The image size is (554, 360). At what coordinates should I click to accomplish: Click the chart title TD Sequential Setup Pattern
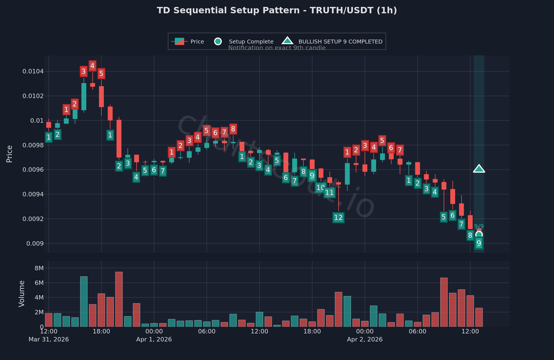277,10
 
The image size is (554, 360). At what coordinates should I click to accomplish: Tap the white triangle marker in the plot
479,169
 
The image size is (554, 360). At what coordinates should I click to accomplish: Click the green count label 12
338,217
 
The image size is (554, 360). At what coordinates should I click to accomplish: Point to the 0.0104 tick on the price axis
33,71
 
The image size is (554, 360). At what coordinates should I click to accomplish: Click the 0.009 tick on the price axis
36,243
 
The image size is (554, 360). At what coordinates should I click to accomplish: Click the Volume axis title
22,294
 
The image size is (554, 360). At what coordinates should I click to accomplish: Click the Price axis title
9,154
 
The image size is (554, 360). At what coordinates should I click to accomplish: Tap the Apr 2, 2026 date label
365,339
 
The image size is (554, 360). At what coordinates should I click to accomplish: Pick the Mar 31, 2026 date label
48,339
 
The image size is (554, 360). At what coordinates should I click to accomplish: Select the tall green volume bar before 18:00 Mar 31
84,301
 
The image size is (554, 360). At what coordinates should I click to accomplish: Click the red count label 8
233,129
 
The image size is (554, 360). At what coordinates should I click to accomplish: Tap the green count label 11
329,192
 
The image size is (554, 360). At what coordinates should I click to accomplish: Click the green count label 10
320,187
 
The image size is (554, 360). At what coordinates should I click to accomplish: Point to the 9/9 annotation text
479,226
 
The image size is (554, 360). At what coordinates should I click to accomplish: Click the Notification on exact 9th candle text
277,48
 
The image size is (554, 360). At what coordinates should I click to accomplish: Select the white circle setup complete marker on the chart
479,234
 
